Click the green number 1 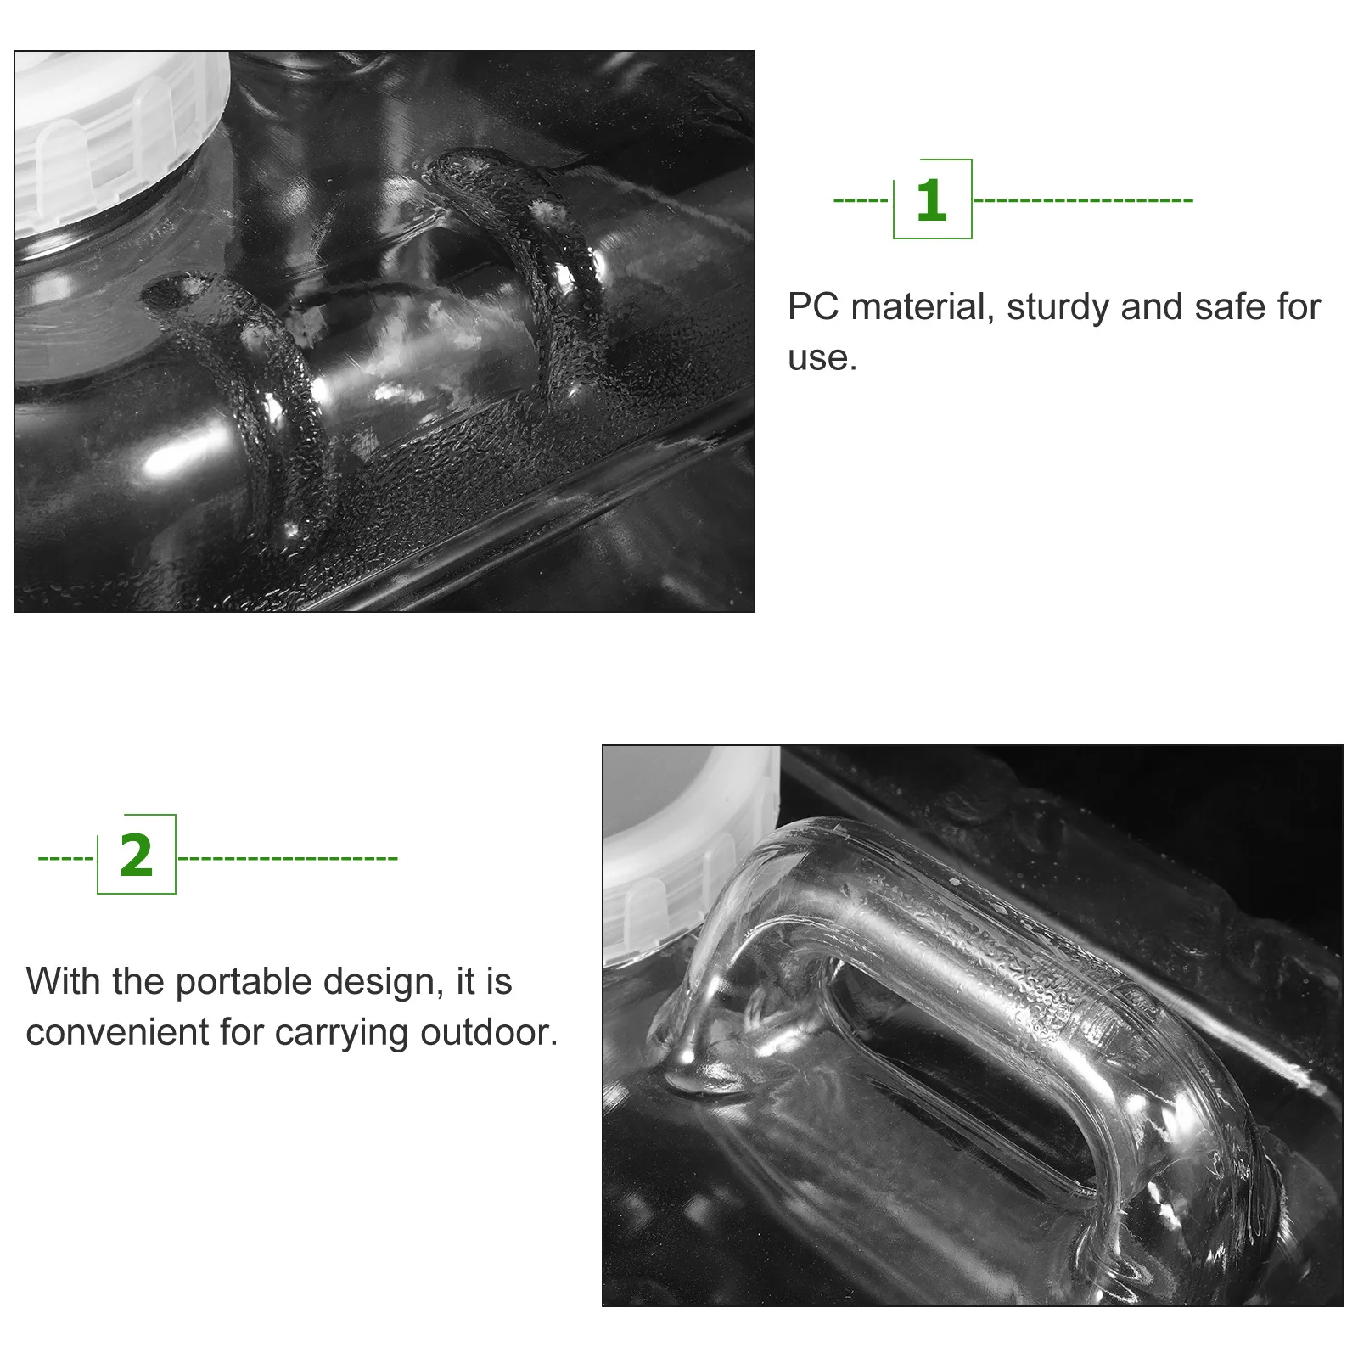click(x=931, y=200)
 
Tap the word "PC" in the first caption click(x=812, y=307)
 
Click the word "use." click(x=822, y=358)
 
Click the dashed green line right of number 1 click(x=1083, y=201)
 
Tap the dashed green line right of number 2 click(x=288, y=858)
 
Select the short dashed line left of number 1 click(x=861, y=201)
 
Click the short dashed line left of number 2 click(x=65, y=858)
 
